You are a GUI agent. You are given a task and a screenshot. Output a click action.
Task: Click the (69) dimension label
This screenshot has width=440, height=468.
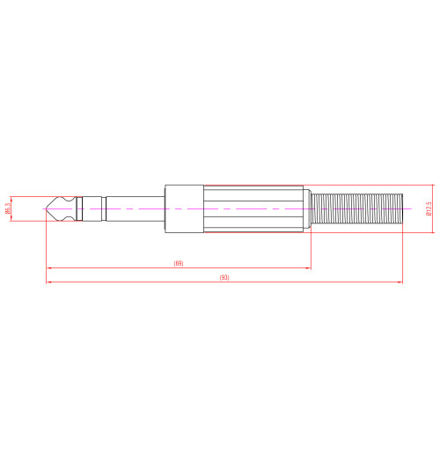coord(179,263)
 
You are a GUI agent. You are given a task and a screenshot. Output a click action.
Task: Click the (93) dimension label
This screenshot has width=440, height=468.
coord(224,277)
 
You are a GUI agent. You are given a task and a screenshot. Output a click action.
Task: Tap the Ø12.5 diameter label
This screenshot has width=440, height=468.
coord(429,208)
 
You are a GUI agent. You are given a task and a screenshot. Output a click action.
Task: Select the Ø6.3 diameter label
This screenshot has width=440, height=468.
coord(8,208)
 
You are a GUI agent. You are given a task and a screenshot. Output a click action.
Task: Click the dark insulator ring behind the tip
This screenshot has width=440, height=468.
coord(78,208)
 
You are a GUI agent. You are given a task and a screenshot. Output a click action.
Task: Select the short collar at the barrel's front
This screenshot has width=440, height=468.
coord(185,208)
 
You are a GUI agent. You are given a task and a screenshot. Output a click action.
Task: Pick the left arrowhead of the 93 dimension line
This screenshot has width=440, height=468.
coord(48,282)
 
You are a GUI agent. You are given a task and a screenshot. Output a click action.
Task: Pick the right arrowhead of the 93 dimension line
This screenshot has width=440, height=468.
coord(400,282)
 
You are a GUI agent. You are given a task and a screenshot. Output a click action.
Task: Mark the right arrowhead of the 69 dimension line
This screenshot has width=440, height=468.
coord(308,267)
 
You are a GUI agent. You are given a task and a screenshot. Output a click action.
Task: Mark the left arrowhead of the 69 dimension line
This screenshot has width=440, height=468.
coord(48,267)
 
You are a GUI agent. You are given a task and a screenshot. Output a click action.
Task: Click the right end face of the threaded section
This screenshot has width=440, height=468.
coord(402,208)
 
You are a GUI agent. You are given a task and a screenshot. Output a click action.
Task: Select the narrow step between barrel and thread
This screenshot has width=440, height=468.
coord(309,208)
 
